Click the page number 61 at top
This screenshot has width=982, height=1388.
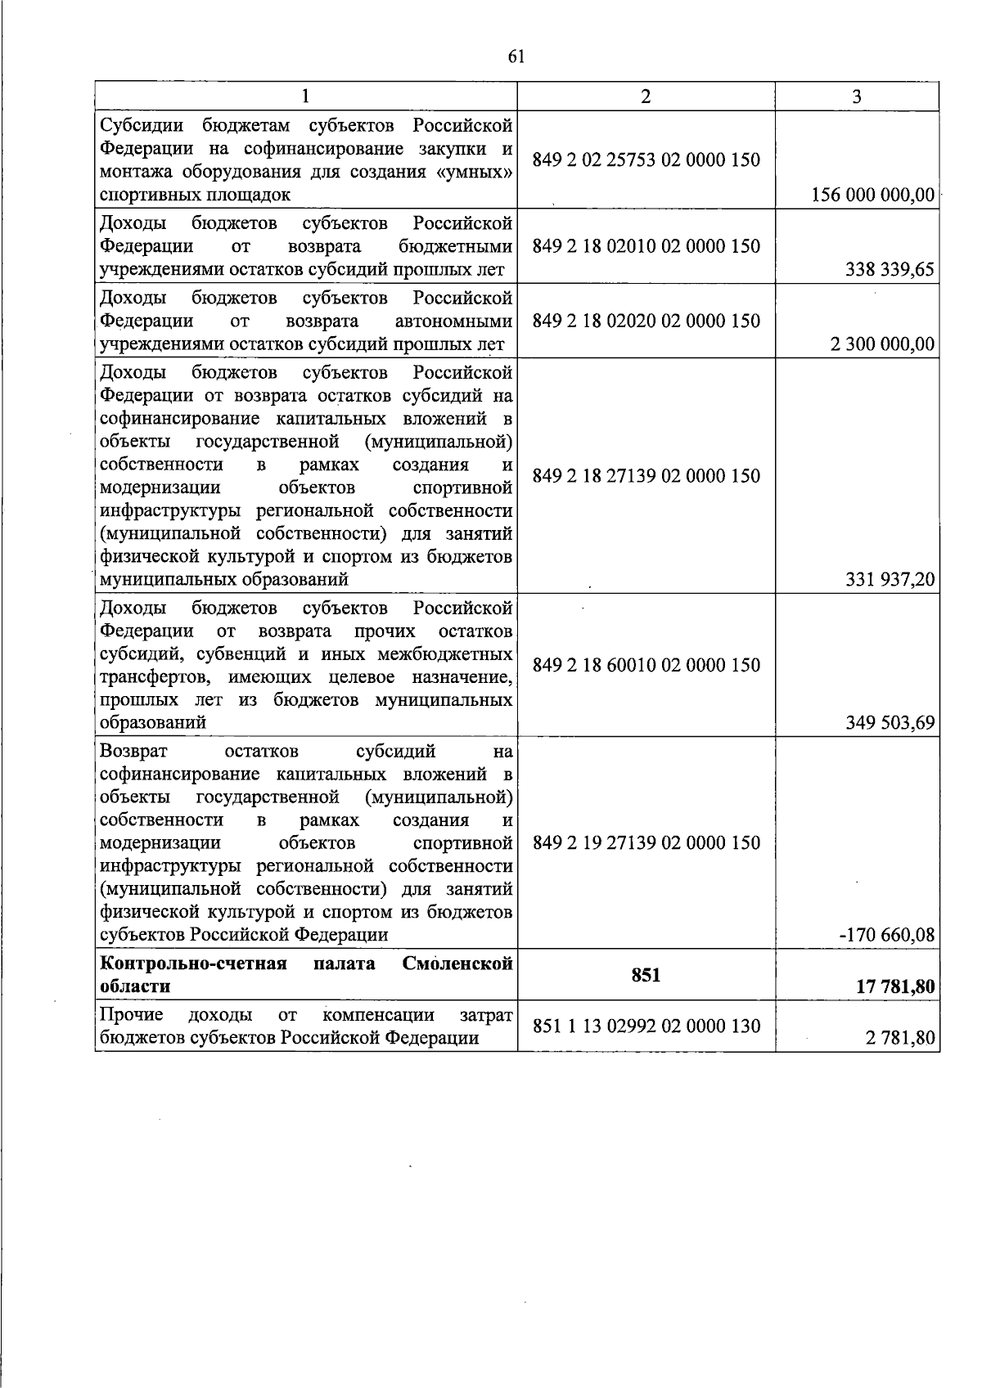(x=516, y=56)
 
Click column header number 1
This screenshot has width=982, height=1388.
(x=305, y=97)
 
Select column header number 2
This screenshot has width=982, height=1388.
(x=646, y=97)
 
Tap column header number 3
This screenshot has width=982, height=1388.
(x=857, y=97)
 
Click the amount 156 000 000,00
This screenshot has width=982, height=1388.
(x=873, y=195)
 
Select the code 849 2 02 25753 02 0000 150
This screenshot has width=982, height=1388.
(x=646, y=159)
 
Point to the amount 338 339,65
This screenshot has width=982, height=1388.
(x=890, y=270)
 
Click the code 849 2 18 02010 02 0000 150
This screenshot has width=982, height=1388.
(x=646, y=246)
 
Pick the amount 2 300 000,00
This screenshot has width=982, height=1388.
(x=882, y=344)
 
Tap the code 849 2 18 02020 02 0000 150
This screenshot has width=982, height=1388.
(x=646, y=321)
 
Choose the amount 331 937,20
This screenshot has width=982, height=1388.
(x=890, y=580)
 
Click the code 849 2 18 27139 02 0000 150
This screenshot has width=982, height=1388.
(x=646, y=475)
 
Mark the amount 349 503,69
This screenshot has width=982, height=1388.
(x=890, y=723)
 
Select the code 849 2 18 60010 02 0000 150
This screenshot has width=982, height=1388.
(x=646, y=665)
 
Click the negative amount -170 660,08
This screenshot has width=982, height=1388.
(x=887, y=934)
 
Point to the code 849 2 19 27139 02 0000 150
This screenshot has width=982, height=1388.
(x=646, y=842)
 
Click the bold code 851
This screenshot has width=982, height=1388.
(x=646, y=974)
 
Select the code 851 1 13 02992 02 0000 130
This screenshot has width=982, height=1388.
(x=646, y=1026)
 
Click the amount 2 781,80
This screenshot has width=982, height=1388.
(x=901, y=1039)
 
